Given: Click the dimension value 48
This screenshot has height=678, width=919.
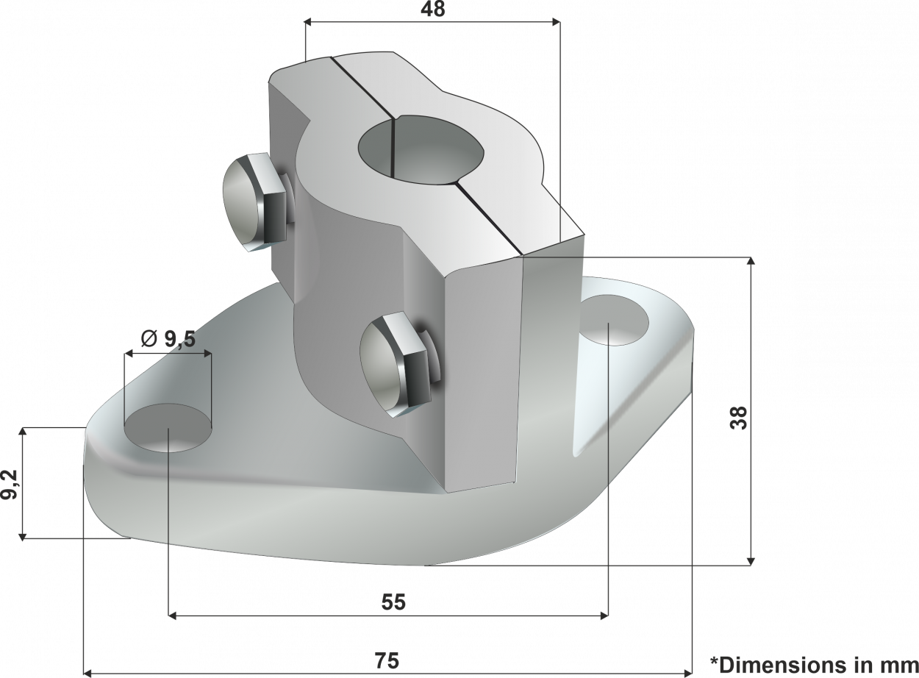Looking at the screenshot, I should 432,8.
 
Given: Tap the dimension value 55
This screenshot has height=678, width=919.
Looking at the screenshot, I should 393,602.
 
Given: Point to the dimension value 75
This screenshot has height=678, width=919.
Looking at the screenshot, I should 387,661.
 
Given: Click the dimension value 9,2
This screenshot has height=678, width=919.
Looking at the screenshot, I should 10,484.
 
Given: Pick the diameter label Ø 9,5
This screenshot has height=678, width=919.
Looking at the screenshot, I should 167,338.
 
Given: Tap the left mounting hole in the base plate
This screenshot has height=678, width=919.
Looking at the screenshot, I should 168,428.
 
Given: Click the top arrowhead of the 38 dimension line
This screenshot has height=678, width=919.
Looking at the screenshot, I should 750,261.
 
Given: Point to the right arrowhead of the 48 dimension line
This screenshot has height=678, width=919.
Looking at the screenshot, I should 556,22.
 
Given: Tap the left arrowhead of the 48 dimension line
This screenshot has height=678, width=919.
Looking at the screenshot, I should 309,22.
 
